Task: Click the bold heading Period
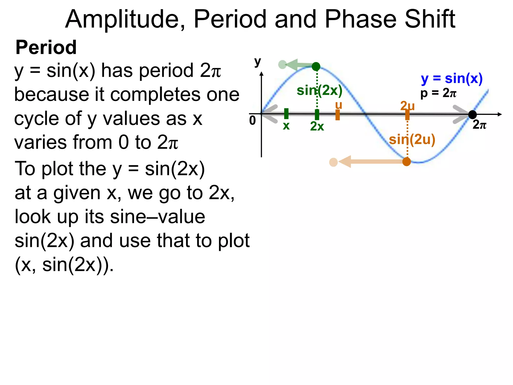pos(46,47)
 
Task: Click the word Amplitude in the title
pos(125,19)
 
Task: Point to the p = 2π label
pos(438,93)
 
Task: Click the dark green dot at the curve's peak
pos(316,66)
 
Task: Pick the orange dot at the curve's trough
pos(407,162)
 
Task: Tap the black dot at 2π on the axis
pos(472,115)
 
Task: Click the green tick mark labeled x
pos(286,114)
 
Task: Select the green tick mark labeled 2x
pos(317,115)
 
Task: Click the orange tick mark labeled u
pos(338,115)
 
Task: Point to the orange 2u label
pos(407,106)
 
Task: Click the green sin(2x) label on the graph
pos(319,90)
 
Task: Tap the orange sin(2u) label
pos(412,140)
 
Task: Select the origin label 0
pos(252,121)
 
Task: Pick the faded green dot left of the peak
pos(282,65)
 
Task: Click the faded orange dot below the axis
pos(333,162)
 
